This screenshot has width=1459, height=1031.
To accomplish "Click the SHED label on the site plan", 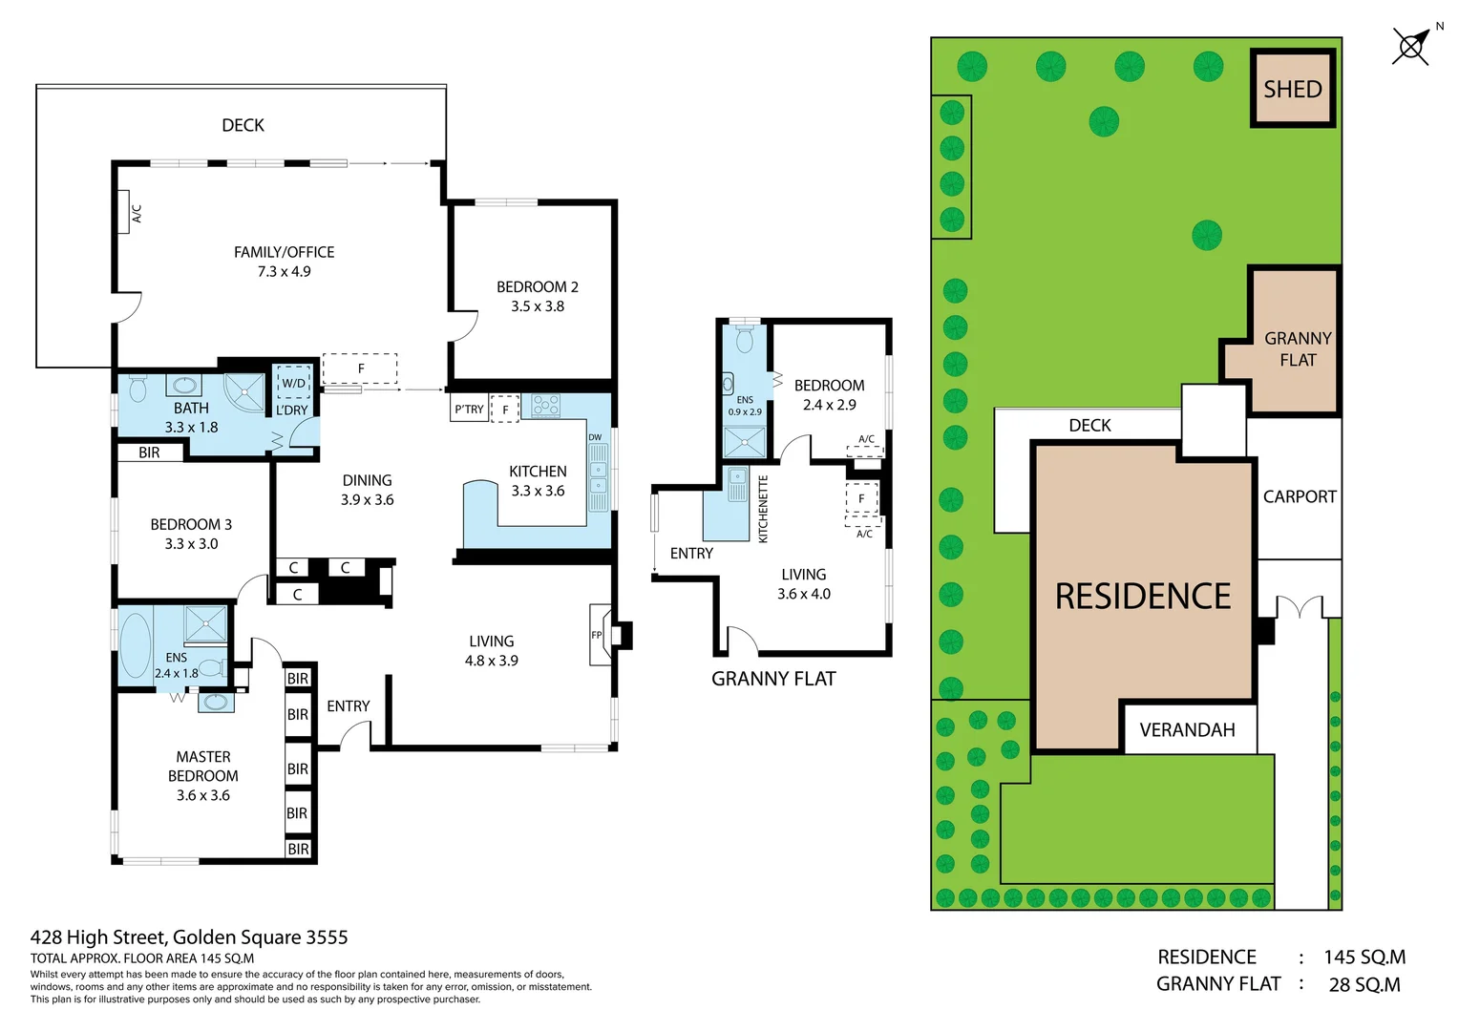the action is click(1292, 89).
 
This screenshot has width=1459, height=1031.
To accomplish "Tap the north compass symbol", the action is click(1412, 46).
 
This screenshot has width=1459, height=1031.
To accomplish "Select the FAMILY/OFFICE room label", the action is click(284, 252).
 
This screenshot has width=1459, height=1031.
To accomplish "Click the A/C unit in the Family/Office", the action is click(123, 212).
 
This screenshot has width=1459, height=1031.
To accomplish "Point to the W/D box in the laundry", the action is click(294, 383).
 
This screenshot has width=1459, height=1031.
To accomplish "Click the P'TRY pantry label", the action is click(469, 409).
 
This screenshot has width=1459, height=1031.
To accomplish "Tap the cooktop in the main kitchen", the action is click(546, 406).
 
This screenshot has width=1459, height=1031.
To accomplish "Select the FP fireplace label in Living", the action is click(596, 635).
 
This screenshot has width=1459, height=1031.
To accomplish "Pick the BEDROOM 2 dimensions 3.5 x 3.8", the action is click(538, 306).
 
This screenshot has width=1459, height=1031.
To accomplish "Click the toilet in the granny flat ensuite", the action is click(745, 337).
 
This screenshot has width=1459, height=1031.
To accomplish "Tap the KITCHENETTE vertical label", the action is click(763, 509).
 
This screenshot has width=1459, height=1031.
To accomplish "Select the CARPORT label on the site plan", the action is click(1300, 497).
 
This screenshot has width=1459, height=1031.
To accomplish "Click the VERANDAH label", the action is click(1187, 730).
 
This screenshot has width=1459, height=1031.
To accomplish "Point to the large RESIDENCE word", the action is click(1142, 596).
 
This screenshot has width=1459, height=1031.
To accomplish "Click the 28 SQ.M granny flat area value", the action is click(1364, 984).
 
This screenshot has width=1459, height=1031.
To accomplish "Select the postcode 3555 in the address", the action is click(327, 937).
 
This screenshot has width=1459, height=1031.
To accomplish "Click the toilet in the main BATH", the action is click(137, 389).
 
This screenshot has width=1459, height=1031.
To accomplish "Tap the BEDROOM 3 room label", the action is click(191, 524).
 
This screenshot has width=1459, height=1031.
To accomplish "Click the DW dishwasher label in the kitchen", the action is click(595, 437).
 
